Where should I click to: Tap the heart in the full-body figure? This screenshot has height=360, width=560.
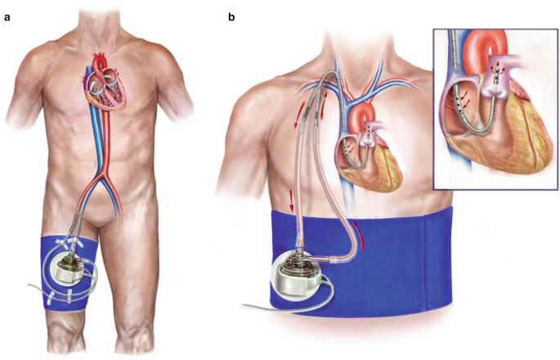coord(106,89)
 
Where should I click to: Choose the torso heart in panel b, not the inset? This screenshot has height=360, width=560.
coord(373,155)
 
